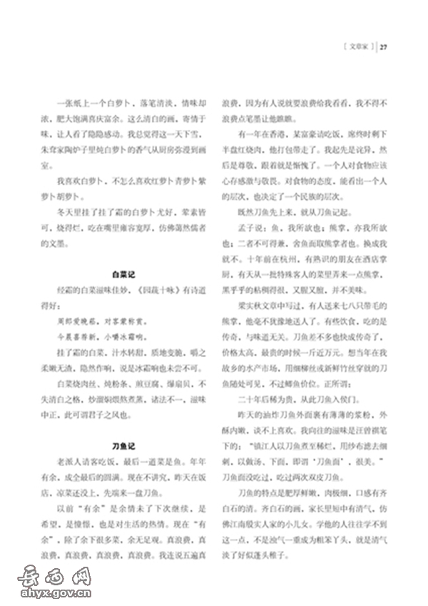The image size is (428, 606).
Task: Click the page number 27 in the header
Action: (x=384, y=48)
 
